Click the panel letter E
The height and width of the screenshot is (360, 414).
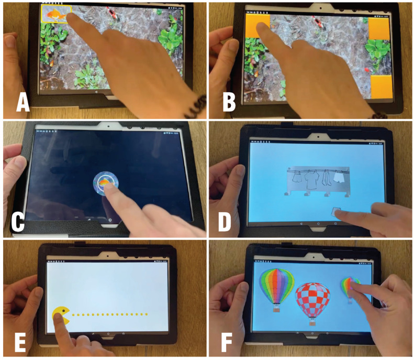tap(20, 342)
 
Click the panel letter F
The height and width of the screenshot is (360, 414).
tap(227, 342)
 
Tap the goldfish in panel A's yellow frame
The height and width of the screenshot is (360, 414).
tap(55, 14)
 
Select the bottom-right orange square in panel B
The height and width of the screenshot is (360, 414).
tap(382, 86)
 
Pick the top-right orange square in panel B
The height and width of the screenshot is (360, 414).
tap(379, 28)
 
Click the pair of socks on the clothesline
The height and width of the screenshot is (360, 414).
tap(327, 178)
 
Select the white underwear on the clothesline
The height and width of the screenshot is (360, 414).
tap(339, 177)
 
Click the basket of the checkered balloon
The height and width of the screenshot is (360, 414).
tap(312, 323)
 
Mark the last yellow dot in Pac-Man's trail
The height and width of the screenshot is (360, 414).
tap(146, 314)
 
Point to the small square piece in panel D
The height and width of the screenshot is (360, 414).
tap(336, 212)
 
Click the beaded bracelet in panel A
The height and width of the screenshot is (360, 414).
tap(196, 108)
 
